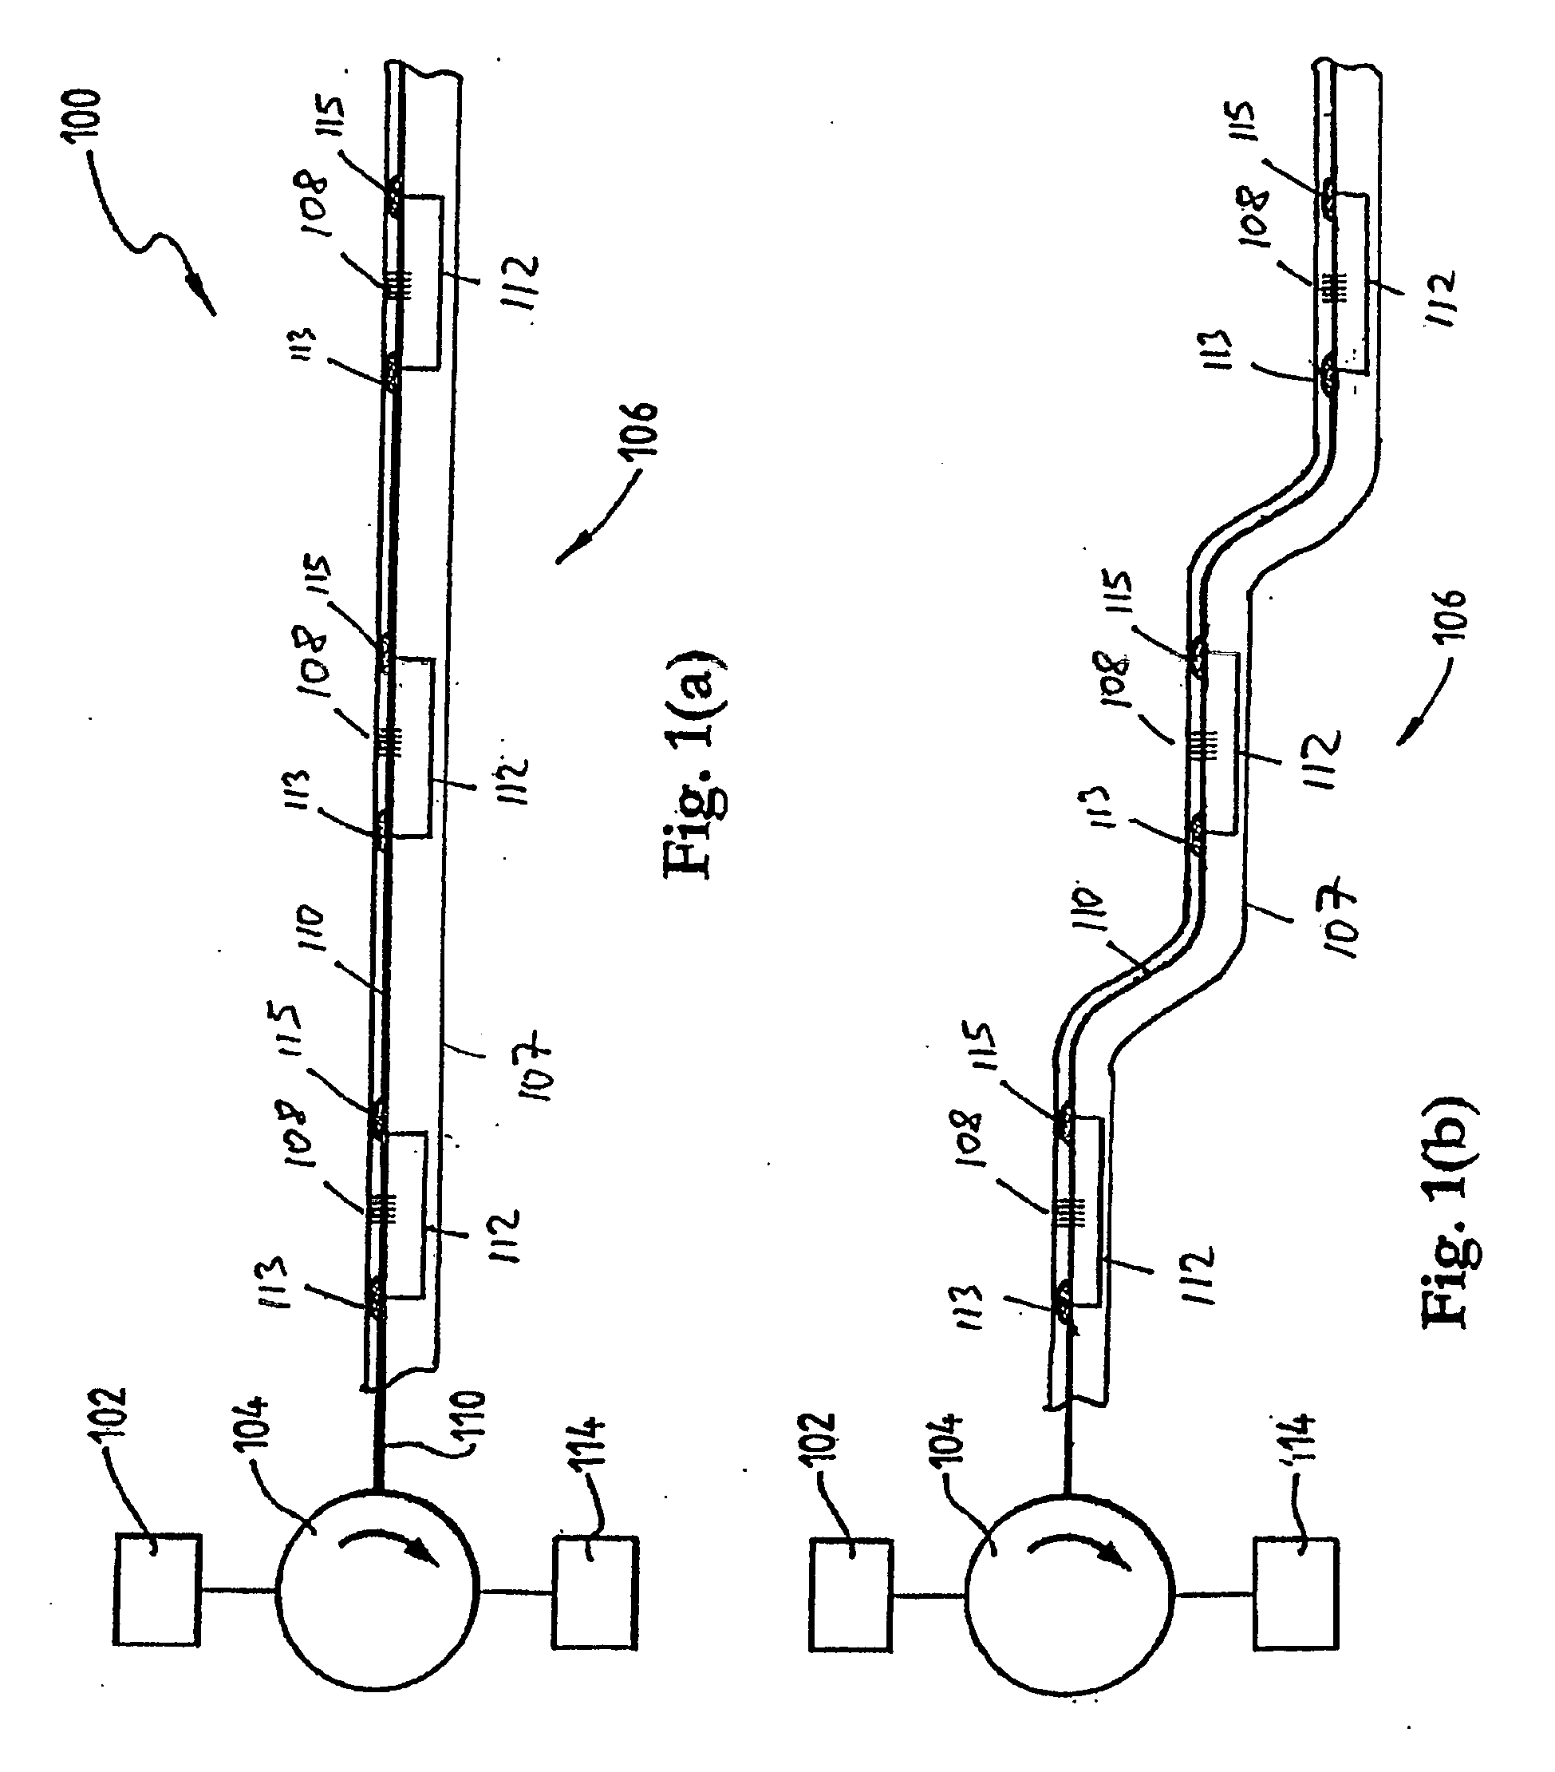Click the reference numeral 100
(87, 113)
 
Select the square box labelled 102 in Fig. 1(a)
(157, 1590)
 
